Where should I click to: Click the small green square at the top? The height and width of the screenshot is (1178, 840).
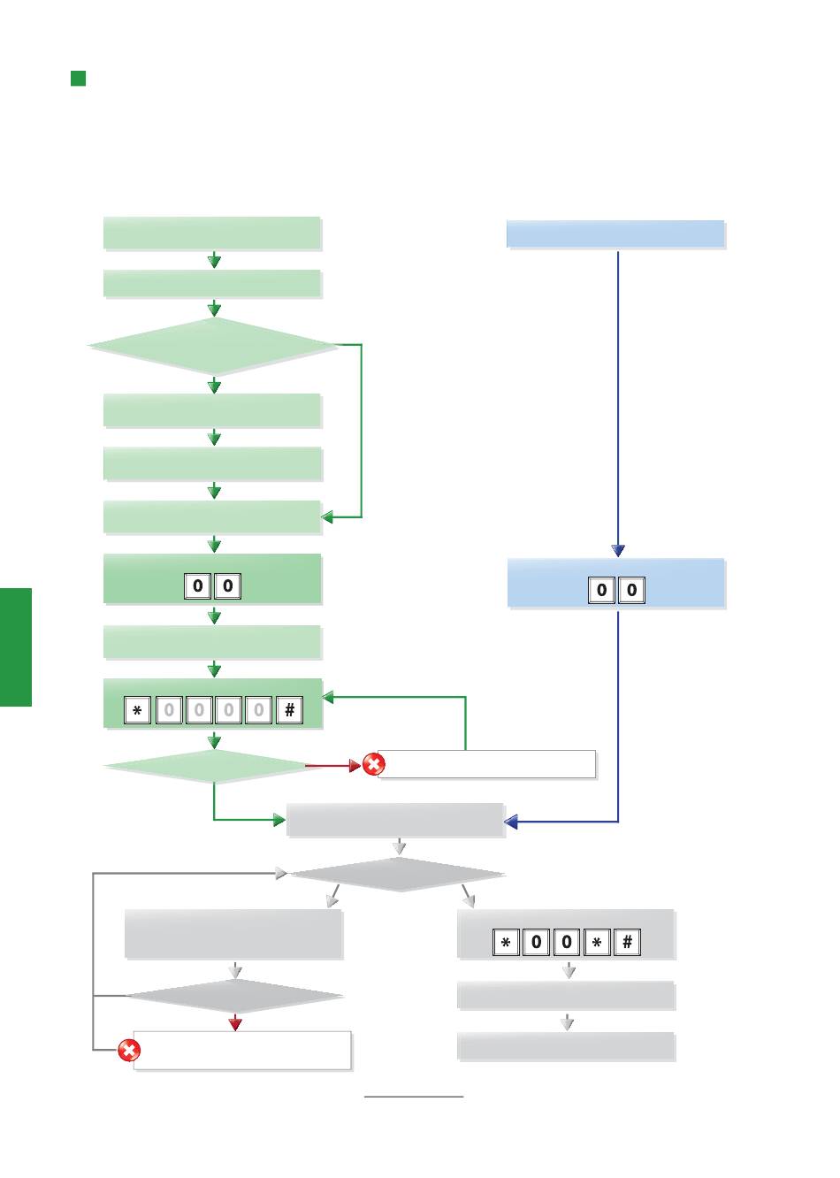[78, 79]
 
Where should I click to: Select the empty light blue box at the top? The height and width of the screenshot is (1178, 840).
[615, 234]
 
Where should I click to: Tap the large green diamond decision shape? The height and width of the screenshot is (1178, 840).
[213, 347]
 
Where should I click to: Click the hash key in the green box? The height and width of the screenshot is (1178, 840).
[289, 710]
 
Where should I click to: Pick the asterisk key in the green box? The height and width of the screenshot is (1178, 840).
[137, 710]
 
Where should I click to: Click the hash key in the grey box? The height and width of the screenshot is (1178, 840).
[627, 942]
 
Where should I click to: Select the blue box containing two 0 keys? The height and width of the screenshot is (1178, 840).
[615, 583]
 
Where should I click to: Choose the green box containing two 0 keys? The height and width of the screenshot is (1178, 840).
[212, 579]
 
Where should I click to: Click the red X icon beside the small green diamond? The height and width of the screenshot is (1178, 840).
[374, 765]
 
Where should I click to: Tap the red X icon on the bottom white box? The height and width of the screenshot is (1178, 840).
[129, 1051]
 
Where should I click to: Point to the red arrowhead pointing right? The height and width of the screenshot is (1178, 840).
[355, 765]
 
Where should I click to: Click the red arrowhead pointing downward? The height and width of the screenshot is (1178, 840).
[235, 1023]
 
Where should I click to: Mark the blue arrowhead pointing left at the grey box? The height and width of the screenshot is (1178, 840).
[511, 822]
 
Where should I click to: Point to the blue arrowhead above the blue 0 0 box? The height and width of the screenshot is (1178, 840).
[618, 550]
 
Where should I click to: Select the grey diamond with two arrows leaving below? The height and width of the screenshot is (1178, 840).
[398, 875]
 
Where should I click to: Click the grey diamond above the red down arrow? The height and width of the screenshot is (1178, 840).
[235, 997]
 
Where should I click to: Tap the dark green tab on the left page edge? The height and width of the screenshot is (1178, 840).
[16, 646]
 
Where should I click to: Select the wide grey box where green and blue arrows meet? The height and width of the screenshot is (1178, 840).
[395, 820]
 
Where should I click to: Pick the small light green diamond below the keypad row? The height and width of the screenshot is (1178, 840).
[213, 766]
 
